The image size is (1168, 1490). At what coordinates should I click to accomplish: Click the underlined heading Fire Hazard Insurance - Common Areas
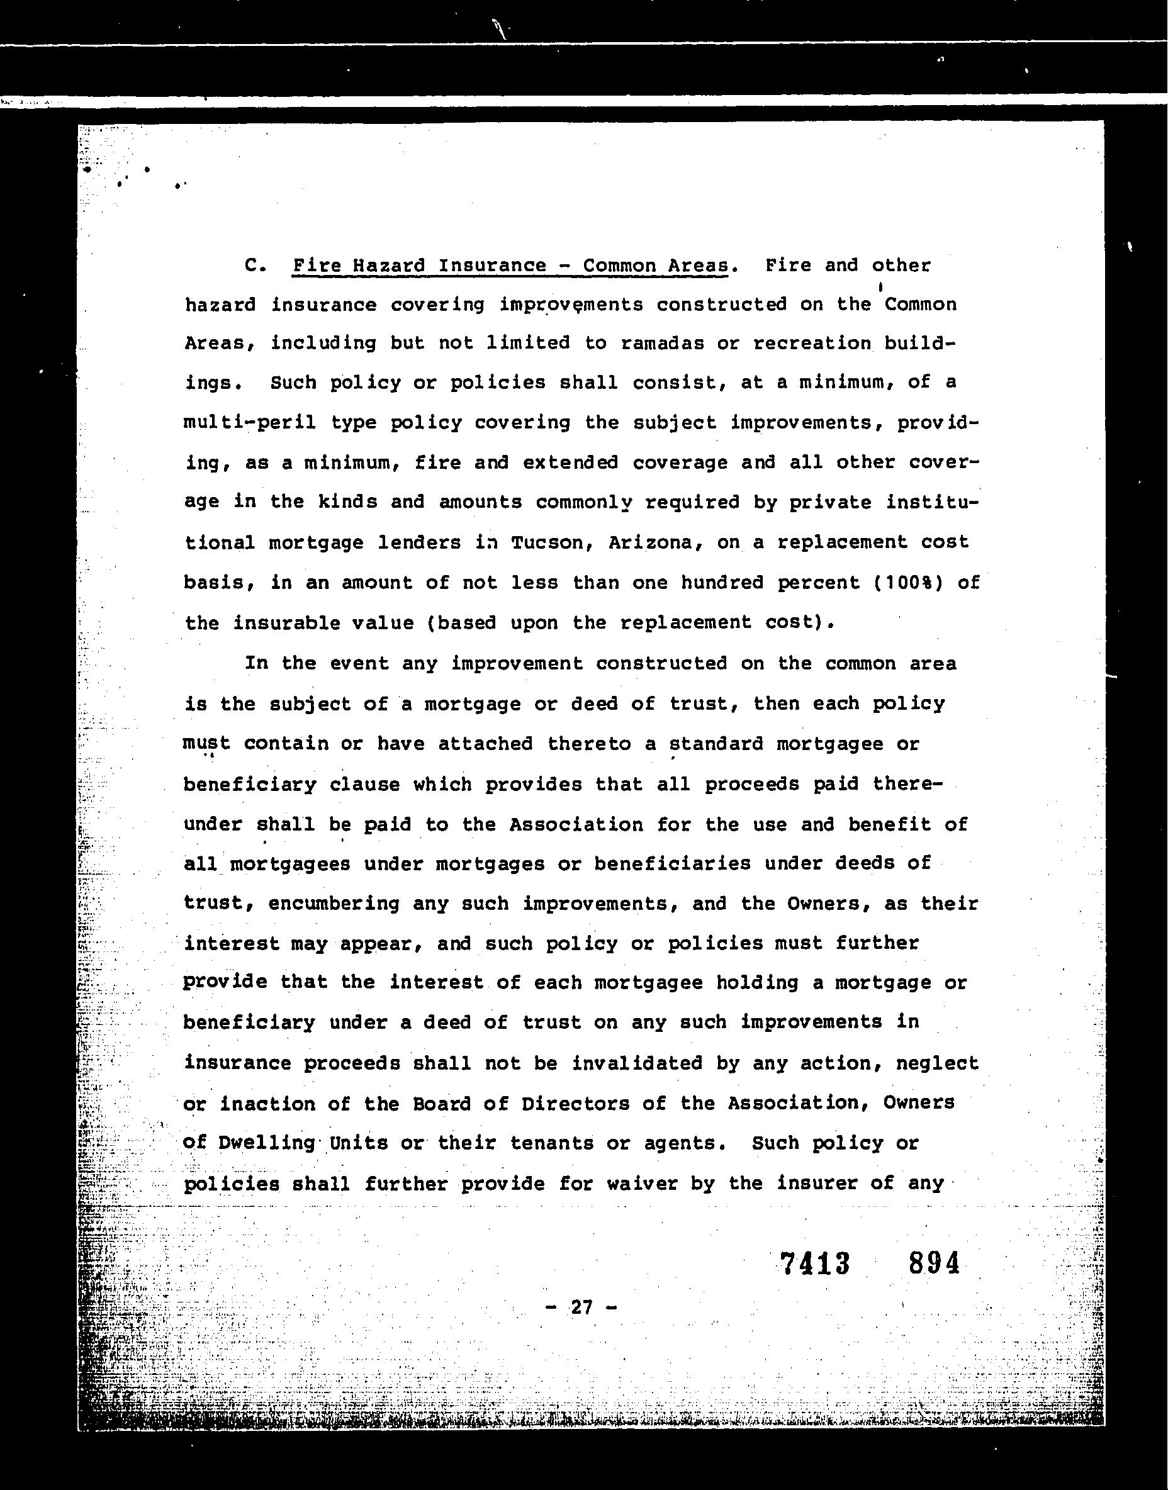(510, 266)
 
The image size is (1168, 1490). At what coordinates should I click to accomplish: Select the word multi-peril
(250, 423)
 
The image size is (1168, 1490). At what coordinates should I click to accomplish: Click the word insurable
(323, 623)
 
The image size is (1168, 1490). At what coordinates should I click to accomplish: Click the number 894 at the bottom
(934, 1263)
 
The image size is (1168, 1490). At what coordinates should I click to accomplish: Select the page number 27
(581, 1308)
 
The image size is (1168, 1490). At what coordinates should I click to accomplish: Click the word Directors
(575, 1104)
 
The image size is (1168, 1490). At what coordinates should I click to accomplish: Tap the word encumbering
(334, 904)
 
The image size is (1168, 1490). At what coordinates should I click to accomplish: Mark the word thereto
(589, 743)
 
